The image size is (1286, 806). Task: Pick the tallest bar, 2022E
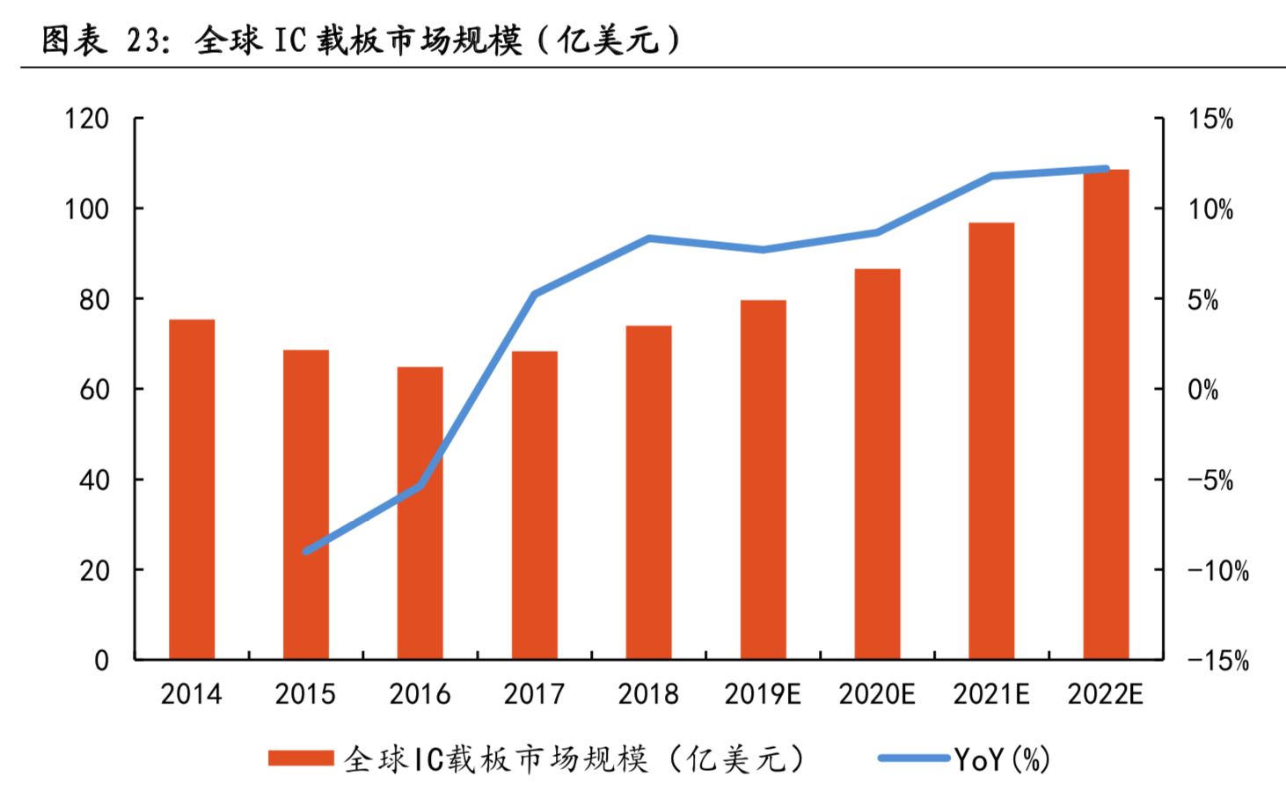[x=1106, y=414]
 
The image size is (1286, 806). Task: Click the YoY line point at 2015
[x=306, y=552]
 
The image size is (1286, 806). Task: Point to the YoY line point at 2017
[x=535, y=294]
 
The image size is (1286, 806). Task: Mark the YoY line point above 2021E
[x=991, y=176]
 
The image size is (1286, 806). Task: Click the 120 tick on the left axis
[x=86, y=119]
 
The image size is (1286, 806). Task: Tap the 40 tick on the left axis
[x=94, y=480]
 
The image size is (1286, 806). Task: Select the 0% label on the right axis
[x=1202, y=390]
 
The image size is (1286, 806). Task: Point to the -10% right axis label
[x=1218, y=571]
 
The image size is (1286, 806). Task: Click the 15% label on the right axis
[x=1210, y=120]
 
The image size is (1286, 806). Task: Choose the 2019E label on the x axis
[x=763, y=694]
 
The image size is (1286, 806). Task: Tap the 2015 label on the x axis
[x=305, y=694]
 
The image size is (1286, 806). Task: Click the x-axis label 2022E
[x=1106, y=694]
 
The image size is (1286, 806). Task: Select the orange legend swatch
[x=301, y=758]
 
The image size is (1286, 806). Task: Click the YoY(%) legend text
[x=1003, y=758]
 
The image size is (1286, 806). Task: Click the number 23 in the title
[x=145, y=40]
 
